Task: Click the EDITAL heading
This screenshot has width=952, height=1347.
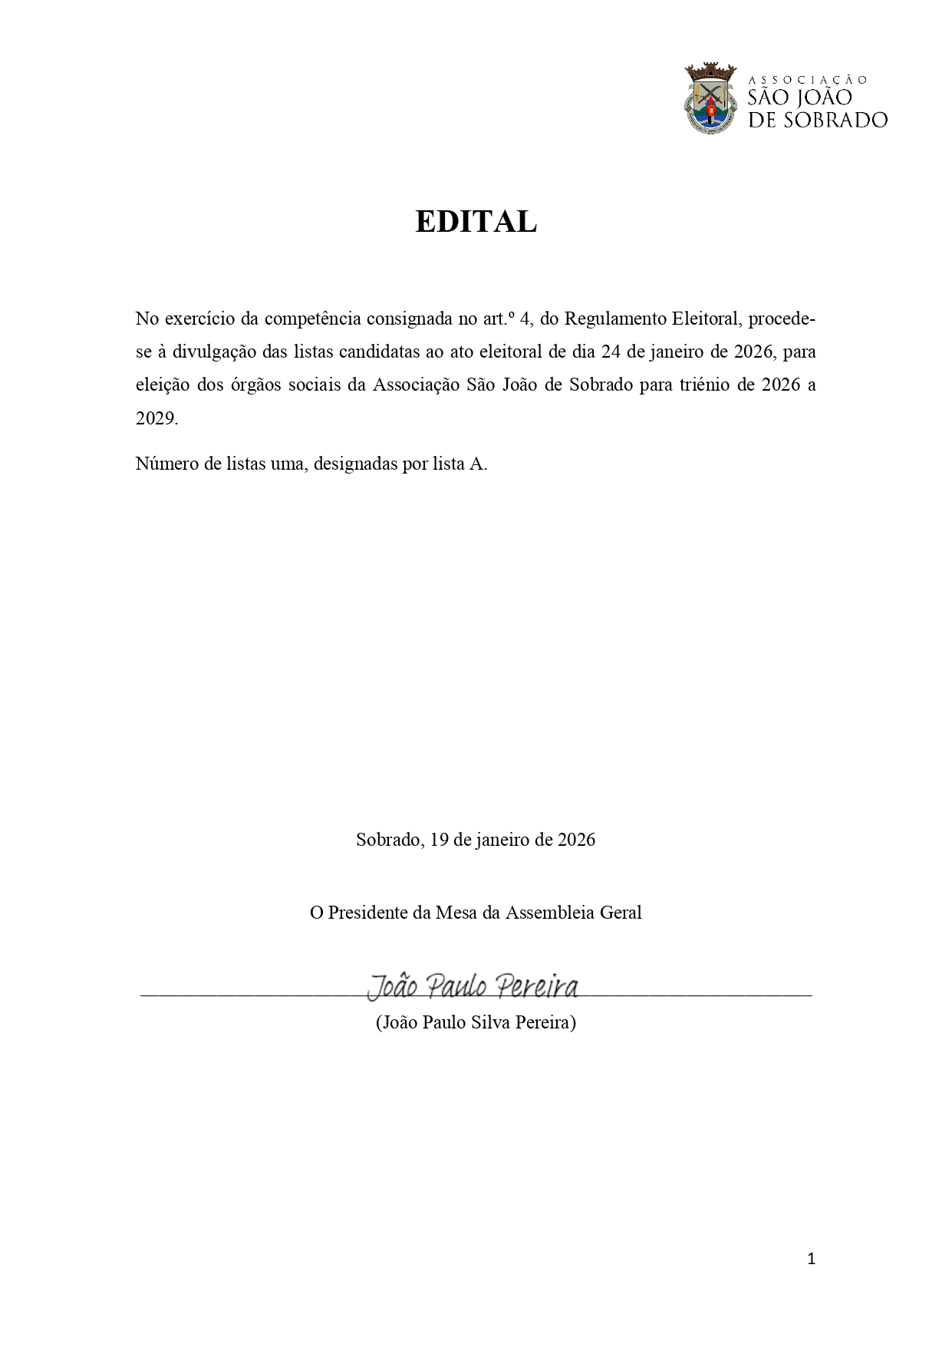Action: pos(476,222)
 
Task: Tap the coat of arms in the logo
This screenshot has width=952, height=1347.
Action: pos(711,99)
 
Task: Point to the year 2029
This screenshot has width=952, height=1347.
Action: pos(156,418)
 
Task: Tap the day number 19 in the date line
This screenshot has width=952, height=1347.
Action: pos(439,839)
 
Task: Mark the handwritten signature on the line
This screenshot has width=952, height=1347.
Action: pos(473,986)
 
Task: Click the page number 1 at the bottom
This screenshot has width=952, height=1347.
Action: pos(812,1259)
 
